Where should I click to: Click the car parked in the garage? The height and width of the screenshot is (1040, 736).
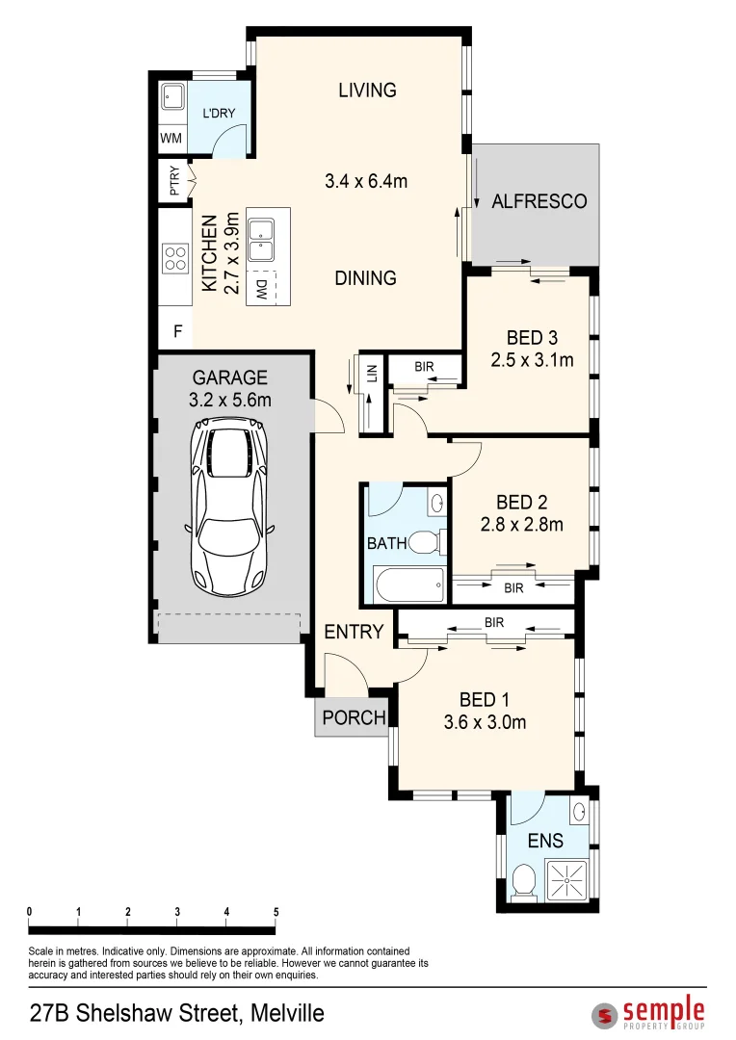pyautogui.click(x=232, y=510)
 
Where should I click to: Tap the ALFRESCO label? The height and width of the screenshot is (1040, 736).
pyautogui.click(x=539, y=201)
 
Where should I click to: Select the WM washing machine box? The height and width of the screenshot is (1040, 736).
pyautogui.click(x=171, y=138)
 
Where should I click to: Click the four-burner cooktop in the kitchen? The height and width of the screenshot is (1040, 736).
pyautogui.click(x=175, y=257)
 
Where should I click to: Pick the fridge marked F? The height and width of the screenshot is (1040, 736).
pyautogui.click(x=177, y=331)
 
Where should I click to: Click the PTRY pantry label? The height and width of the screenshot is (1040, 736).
pyautogui.click(x=174, y=182)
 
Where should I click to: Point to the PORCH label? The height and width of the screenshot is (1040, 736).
pyautogui.click(x=354, y=717)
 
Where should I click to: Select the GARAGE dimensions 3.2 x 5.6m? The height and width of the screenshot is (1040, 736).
pyautogui.click(x=230, y=400)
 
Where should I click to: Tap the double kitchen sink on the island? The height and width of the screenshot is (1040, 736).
pyautogui.click(x=261, y=239)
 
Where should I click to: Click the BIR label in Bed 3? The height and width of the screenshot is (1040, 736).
pyautogui.click(x=424, y=367)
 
